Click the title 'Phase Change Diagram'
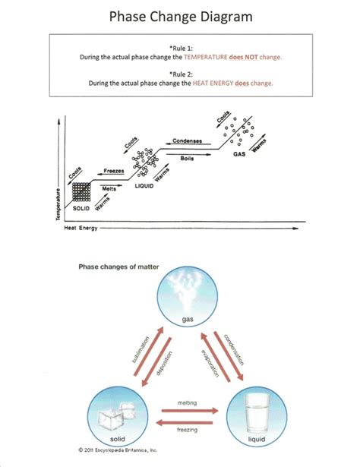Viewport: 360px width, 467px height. [x=180, y=15]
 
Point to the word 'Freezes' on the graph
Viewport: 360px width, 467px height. [x=103, y=172]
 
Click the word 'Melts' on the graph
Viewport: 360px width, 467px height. [x=109, y=188]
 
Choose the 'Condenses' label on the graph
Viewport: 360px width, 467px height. [x=187, y=141]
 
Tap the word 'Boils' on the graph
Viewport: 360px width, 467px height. [x=187, y=159]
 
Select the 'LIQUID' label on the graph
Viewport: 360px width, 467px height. [x=144, y=185]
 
